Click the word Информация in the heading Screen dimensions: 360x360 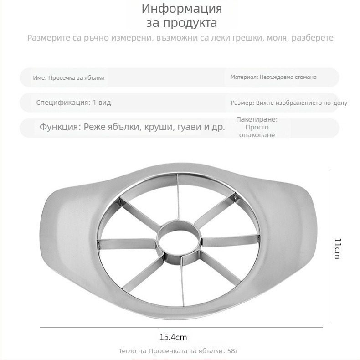tap(182, 9)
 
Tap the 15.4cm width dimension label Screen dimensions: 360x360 tap(173, 338)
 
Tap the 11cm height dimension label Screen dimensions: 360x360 tap(337, 248)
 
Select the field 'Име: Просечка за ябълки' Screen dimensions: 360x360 tap(69, 78)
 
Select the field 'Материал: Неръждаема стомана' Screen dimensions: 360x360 tap(273, 77)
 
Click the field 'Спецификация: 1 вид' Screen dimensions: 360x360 tap(73, 103)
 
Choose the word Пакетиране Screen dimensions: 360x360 tap(257, 119)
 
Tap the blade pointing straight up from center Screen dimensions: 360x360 tap(178, 201)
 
